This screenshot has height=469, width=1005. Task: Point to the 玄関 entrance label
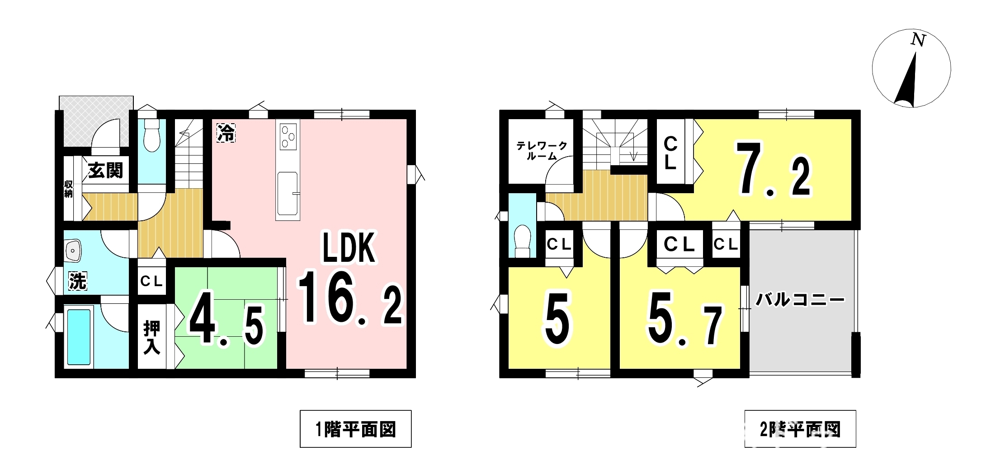coord(105,171)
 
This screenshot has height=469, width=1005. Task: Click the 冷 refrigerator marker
coord(226,133)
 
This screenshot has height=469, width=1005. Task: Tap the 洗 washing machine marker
coord(77,281)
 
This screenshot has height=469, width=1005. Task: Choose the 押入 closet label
coord(151,337)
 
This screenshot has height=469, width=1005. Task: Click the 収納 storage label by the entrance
coord(68,189)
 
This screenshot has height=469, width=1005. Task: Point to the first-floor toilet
coord(152,135)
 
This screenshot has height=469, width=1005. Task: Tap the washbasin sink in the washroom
coord(73,251)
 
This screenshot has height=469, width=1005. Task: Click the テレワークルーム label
coord(542,151)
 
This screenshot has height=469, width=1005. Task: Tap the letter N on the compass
coord(918,40)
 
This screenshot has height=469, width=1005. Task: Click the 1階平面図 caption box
coord(355,429)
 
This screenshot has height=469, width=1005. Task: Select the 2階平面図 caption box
coord(800,429)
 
